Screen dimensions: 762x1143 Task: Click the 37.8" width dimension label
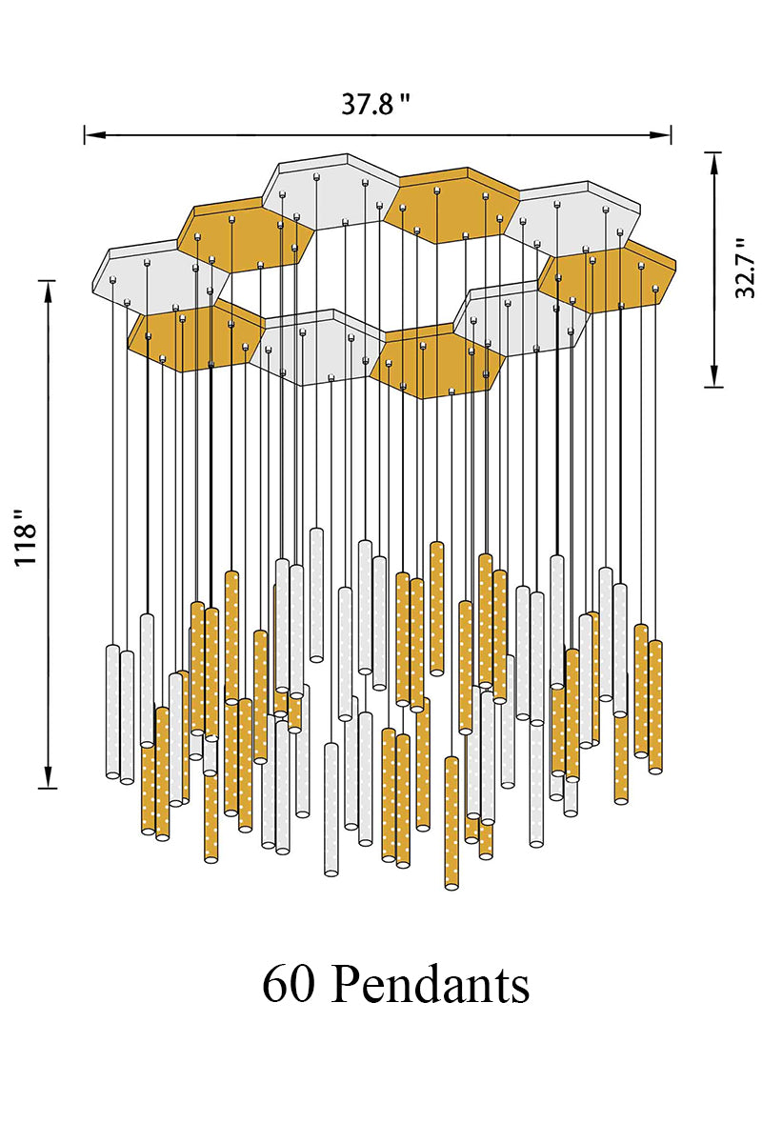pyautogui.click(x=375, y=105)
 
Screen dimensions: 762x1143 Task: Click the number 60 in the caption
pyautogui.click(x=288, y=985)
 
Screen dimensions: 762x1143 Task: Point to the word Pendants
pyautogui.click(x=431, y=984)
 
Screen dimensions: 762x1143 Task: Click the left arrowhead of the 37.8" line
pyautogui.click(x=95, y=135)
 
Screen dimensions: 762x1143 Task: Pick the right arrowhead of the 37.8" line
pyautogui.click(x=660, y=134)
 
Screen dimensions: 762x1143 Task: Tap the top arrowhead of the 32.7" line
pyautogui.click(x=714, y=164)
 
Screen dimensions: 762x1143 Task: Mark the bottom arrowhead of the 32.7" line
pyautogui.click(x=714, y=375)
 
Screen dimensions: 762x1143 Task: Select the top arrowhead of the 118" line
pyautogui.click(x=48, y=291)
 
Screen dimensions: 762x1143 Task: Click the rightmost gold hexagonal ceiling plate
pyautogui.click(x=608, y=275)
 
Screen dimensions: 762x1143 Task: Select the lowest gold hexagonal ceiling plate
pyautogui.click(x=438, y=361)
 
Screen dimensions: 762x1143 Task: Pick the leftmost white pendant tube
pyautogui.click(x=112, y=712)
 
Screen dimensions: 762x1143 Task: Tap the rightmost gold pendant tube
pyautogui.click(x=655, y=707)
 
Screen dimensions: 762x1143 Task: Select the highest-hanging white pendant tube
pyautogui.click(x=317, y=595)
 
